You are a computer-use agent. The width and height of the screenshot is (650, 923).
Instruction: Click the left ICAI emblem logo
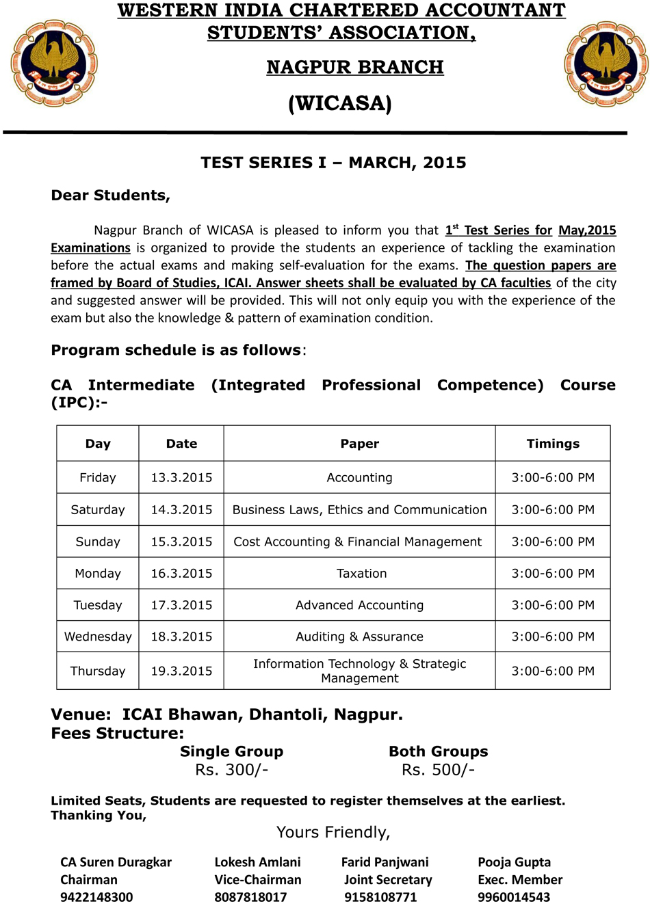pyautogui.click(x=53, y=63)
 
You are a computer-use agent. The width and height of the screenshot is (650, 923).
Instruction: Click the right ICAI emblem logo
pyautogui.click(x=606, y=63)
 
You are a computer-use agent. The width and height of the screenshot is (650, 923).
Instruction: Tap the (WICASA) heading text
pyautogui.click(x=340, y=103)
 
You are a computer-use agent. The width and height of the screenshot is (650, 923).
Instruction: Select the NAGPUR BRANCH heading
pyautogui.click(x=355, y=67)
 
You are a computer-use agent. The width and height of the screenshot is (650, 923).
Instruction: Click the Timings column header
pyautogui.click(x=553, y=444)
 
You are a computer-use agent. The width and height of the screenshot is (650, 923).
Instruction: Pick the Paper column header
pyautogui.click(x=359, y=444)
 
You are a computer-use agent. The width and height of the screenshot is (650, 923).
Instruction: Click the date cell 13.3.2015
pyautogui.click(x=181, y=477)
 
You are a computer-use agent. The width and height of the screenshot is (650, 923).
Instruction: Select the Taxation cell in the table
pyautogui.click(x=361, y=573)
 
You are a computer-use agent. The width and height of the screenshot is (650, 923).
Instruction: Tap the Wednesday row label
pyautogui.click(x=98, y=637)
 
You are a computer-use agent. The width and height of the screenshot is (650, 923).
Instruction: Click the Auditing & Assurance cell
pyautogui.click(x=359, y=637)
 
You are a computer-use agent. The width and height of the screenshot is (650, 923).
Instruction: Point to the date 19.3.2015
pyautogui.click(x=181, y=671)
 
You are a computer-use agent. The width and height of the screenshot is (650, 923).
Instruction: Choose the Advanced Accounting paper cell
pyautogui.click(x=359, y=605)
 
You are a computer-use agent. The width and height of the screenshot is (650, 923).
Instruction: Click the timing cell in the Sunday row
pyautogui.click(x=553, y=541)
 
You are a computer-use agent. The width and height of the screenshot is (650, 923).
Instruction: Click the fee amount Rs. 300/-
pyautogui.click(x=231, y=770)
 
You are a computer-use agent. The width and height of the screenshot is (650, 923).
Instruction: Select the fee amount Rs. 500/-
pyautogui.click(x=438, y=770)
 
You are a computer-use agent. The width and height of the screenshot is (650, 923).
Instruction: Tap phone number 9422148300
pyautogui.click(x=96, y=897)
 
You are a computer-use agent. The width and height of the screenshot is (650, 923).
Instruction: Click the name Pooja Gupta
pyautogui.click(x=514, y=862)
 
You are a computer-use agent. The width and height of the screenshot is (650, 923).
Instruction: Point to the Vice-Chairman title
pyautogui.click(x=257, y=880)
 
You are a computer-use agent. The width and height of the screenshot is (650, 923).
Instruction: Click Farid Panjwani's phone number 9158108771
pyautogui.click(x=380, y=897)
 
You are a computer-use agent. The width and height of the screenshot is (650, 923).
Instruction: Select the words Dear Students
pyautogui.click(x=110, y=196)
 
